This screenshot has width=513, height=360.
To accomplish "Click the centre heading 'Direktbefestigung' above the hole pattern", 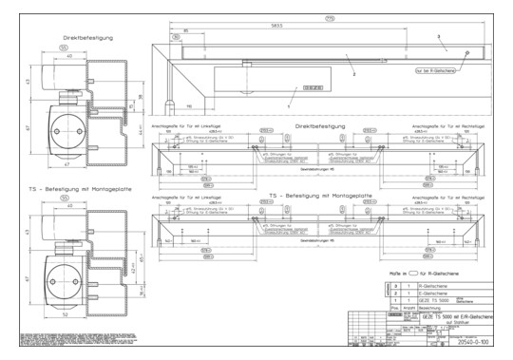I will [318, 124].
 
